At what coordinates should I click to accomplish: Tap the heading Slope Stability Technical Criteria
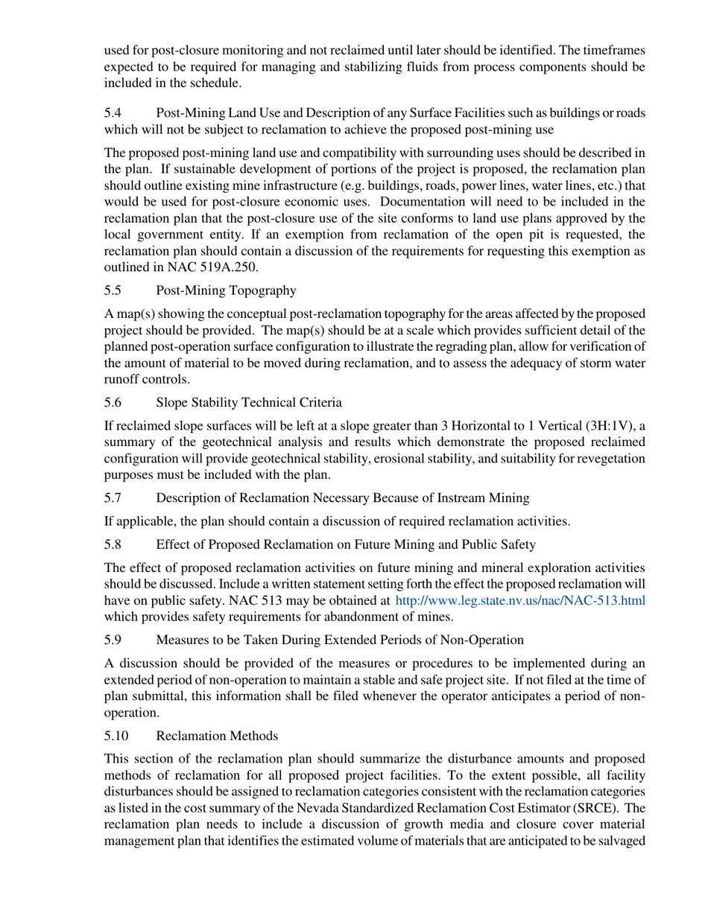[249, 403]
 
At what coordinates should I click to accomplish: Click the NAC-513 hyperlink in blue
[519, 600]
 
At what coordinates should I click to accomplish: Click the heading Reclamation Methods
[217, 736]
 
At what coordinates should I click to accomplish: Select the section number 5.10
[116, 736]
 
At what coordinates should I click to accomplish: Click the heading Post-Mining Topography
[226, 290]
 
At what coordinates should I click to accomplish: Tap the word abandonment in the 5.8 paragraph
[361, 617]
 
